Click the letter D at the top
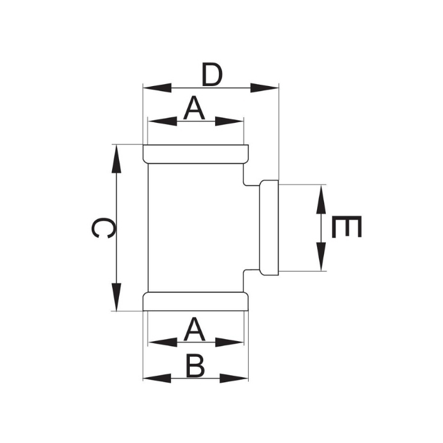point(212,75)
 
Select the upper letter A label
point(194,109)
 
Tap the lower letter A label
point(194,330)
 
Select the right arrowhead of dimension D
point(265,87)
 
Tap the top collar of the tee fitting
point(195,154)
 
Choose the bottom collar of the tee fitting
point(195,301)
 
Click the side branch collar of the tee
point(270,228)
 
